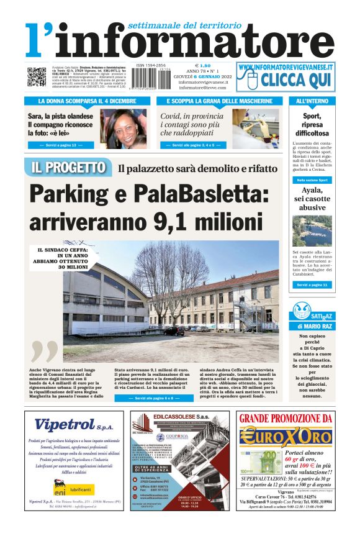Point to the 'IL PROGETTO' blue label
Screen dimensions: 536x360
click(68, 167)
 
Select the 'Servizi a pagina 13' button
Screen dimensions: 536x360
click(61, 145)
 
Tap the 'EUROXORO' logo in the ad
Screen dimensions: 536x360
click(286, 435)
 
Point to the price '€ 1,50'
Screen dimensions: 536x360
click(203, 65)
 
